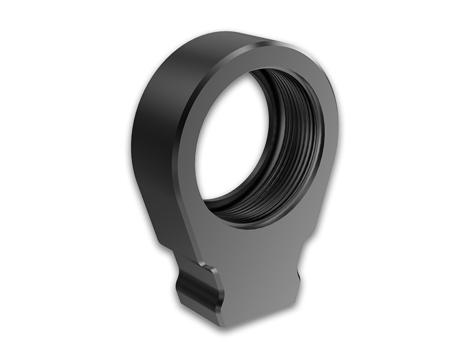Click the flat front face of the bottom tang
[x=258, y=288]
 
